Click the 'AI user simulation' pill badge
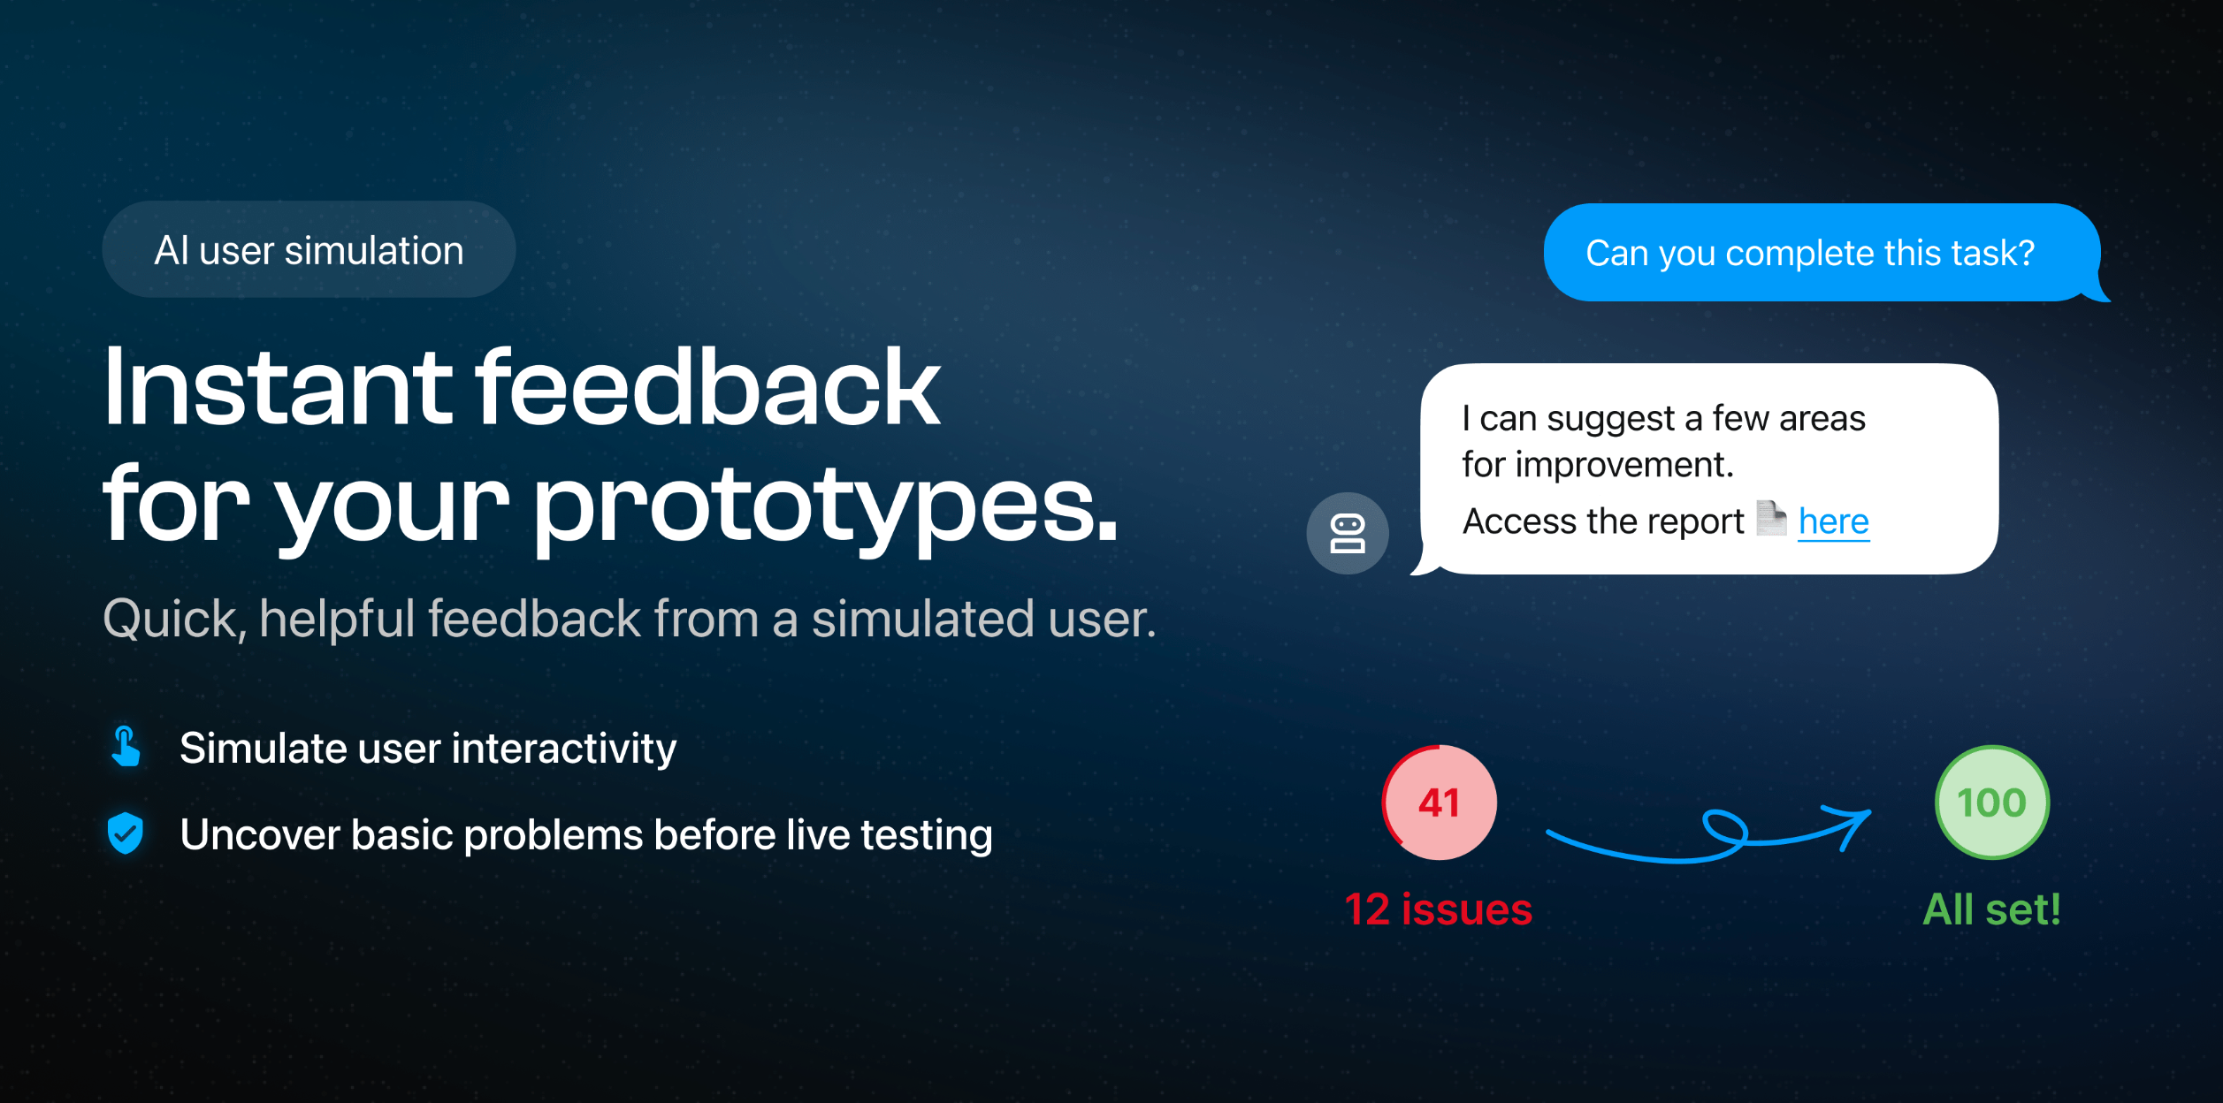(x=309, y=249)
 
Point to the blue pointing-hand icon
(x=126, y=747)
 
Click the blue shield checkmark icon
(x=126, y=833)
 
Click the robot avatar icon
(x=1348, y=533)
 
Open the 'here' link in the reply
(x=1834, y=521)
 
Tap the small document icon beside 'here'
(x=1771, y=518)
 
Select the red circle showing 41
(x=1440, y=803)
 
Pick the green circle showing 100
(x=1991, y=803)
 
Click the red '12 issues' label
(x=1439, y=909)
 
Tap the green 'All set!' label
(x=1991, y=909)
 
